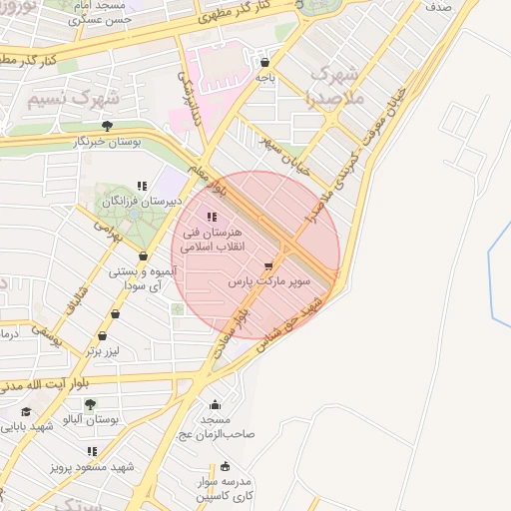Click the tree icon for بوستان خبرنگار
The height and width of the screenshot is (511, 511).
[x=107, y=126]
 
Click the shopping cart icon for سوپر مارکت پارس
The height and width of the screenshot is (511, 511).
[x=267, y=265]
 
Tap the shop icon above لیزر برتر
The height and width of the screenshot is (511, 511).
[x=116, y=313]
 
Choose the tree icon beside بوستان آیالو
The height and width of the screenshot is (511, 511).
[x=90, y=404]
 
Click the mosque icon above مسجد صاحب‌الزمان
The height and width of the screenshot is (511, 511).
[x=215, y=404]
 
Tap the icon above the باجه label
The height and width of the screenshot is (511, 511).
[x=264, y=60]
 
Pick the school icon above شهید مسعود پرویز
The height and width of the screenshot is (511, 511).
[x=93, y=451]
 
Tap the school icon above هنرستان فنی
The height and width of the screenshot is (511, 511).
[x=210, y=218]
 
